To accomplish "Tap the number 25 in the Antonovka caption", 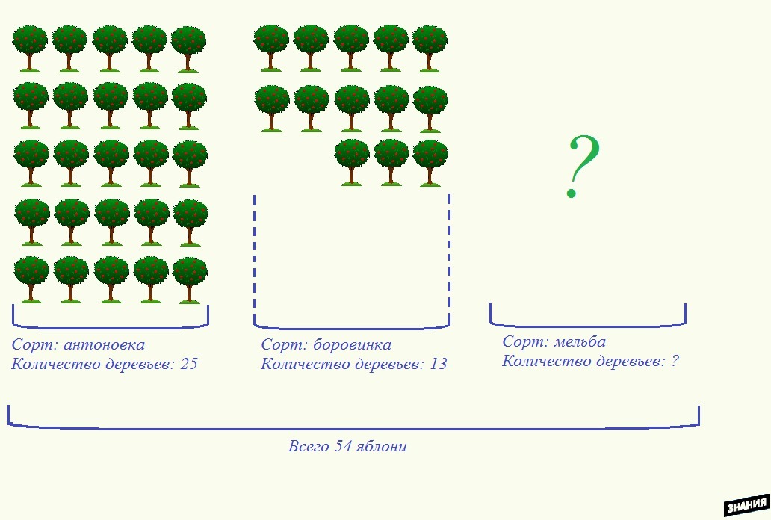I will [x=188, y=365].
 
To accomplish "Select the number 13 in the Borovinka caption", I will [x=439, y=365].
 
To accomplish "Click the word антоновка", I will [x=105, y=345].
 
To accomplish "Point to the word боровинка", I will [x=352, y=345].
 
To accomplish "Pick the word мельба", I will [x=580, y=342].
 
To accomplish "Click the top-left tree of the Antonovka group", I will [x=31, y=47].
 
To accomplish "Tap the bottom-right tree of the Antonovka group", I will [x=190, y=279].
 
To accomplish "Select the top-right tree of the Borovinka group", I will [x=430, y=47].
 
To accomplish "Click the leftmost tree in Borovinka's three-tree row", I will [x=351, y=161].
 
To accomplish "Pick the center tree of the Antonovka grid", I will [x=111, y=162].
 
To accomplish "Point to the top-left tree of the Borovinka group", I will [x=271, y=47].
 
